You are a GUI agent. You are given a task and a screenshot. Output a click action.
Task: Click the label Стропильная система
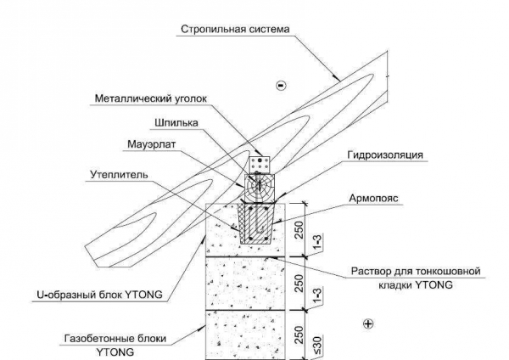(x=235, y=29)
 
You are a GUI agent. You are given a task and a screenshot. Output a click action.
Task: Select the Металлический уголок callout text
(x=151, y=98)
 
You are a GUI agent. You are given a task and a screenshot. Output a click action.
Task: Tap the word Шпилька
(x=176, y=123)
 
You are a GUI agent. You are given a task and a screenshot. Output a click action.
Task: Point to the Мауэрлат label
(x=151, y=144)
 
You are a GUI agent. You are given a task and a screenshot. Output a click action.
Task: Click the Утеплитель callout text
(x=119, y=175)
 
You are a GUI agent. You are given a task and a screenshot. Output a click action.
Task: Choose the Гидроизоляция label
(x=385, y=155)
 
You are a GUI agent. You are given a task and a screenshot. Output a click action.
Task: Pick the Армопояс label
(x=373, y=198)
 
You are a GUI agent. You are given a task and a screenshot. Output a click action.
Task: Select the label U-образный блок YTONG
(x=99, y=295)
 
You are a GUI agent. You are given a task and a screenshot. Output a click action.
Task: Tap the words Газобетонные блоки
(x=115, y=339)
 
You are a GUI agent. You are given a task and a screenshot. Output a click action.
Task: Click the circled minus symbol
(x=281, y=86)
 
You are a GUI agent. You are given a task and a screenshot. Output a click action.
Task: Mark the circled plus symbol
(x=368, y=323)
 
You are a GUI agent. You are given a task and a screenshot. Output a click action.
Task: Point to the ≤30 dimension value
(x=317, y=346)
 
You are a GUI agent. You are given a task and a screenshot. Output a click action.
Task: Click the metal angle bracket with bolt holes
(x=260, y=165)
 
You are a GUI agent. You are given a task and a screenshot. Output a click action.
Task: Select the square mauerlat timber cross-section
(x=260, y=188)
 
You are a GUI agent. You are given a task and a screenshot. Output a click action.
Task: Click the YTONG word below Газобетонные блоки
(x=115, y=352)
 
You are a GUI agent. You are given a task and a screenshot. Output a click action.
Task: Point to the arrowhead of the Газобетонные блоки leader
(x=202, y=328)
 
